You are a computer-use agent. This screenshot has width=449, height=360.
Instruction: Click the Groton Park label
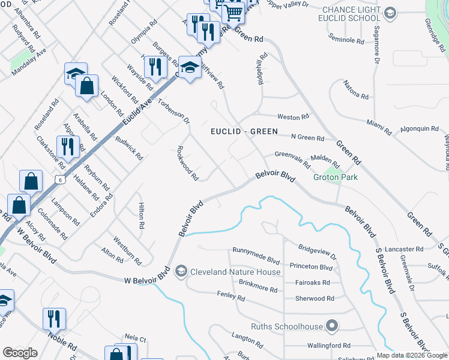click(335, 178)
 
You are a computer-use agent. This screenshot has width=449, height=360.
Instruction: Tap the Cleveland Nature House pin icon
click(180, 272)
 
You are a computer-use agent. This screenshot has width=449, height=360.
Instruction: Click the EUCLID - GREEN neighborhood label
click(244, 131)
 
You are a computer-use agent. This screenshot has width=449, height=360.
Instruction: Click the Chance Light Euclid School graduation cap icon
click(389, 13)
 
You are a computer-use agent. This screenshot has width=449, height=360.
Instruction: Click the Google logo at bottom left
click(20, 353)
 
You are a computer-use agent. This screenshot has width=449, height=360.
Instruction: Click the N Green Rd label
click(307, 138)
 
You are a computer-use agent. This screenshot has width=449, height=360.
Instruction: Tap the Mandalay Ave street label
click(29, 62)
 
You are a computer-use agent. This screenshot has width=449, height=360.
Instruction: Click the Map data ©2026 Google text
click(412, 355)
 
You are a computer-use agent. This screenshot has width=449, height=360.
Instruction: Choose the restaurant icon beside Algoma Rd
click(68, 146)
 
